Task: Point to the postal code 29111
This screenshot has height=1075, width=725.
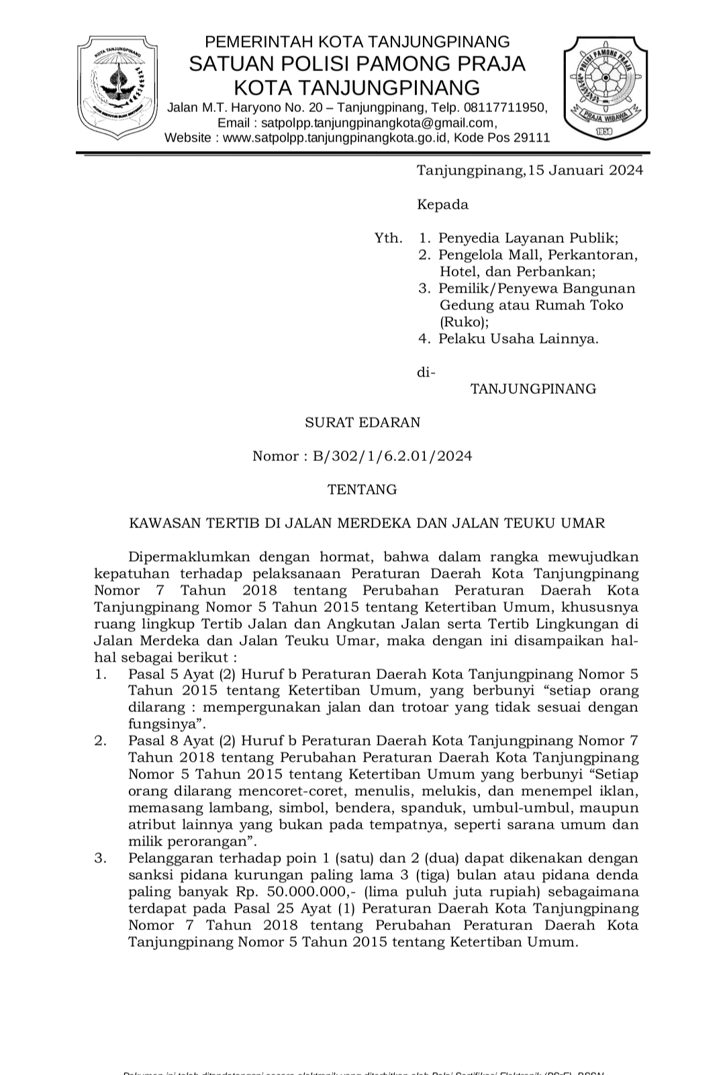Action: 532,138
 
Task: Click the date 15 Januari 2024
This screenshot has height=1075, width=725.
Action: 585,170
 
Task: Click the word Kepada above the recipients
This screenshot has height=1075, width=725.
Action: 442,204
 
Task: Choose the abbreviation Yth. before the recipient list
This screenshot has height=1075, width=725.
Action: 389,238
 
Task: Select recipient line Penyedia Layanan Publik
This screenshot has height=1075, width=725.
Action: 528,238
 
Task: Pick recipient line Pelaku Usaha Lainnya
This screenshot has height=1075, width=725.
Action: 518,338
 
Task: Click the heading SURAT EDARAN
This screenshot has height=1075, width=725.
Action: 362,422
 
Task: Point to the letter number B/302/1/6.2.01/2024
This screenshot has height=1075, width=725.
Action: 392,456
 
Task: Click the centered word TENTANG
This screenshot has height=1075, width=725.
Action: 362,489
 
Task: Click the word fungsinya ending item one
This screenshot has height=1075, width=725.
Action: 165,724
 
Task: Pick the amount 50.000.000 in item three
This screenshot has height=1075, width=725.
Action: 307,892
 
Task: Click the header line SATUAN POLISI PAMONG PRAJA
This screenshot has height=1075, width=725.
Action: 357,64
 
